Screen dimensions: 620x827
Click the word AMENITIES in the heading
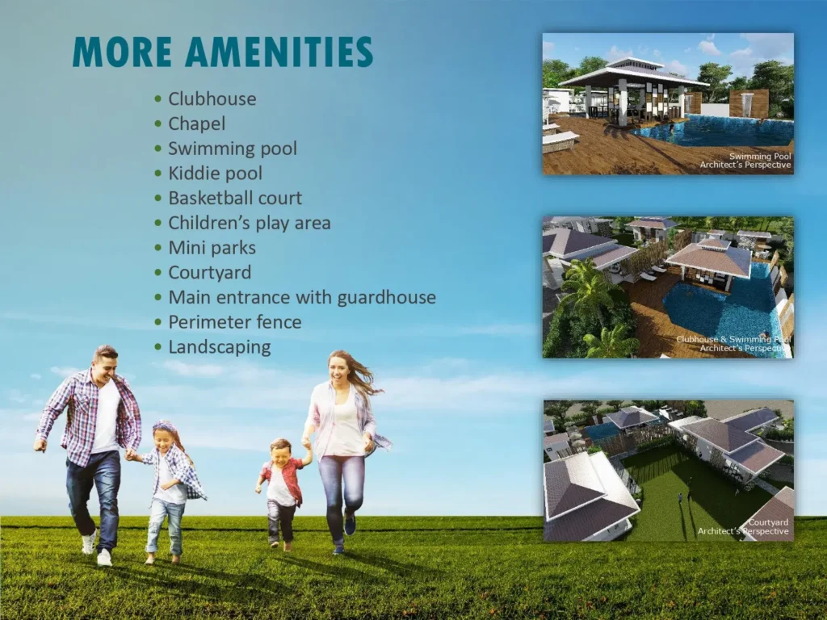[279, 52]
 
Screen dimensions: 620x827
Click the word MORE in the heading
[123, 52]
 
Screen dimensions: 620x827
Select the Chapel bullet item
[196, 124]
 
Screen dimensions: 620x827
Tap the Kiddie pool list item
[215, 173]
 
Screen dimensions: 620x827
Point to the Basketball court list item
[234, 198]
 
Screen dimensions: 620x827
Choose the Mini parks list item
[212, 248]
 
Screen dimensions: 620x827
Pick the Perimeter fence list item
[234, 322]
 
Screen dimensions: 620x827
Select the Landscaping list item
[219, 347]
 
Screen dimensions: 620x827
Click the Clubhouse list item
[212, 98]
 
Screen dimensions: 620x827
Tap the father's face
[105, 365]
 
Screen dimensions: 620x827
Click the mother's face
[339, 371]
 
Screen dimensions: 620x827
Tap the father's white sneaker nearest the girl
[105, 557]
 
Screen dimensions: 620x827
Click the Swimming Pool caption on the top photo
[760, 157]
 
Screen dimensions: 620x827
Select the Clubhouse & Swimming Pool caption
[733, 340]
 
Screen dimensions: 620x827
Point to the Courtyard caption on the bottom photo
[767, 523]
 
